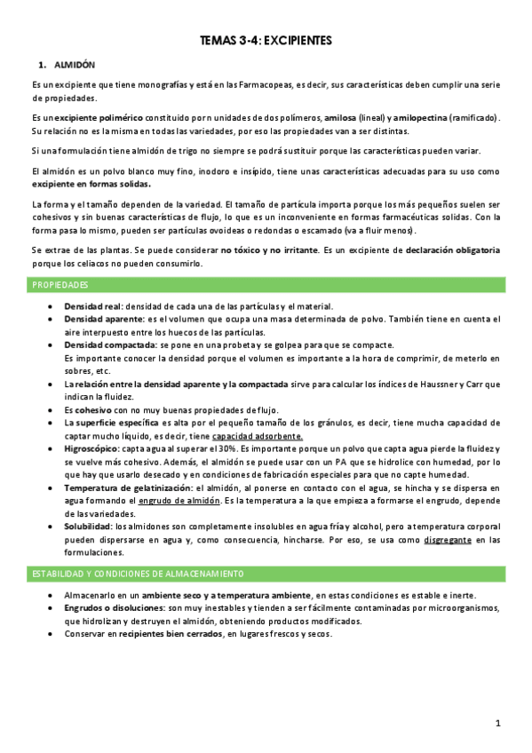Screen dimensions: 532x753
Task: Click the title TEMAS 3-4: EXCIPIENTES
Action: point(266,40)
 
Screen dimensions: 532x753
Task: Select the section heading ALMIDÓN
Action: point(75,66)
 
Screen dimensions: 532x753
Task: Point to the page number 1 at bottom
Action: point(499,724)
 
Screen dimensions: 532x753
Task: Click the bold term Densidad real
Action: point(94,305)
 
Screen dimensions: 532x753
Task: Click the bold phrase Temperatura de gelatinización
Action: point(131,488)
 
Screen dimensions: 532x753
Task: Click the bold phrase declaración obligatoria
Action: point(452,250)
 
